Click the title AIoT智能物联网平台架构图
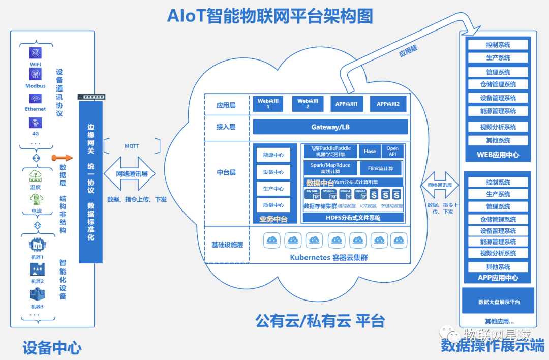coord(270,15)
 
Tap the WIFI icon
coord(36,52)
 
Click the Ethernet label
coord(36,109)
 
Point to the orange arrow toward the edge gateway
coord(60,159)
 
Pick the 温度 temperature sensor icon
coord(36,176)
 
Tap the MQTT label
coord(132,146)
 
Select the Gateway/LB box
coord(330,127)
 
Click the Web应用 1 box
coord(268,104)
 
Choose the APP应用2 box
coord(388,104)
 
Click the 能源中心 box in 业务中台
coord(273,155)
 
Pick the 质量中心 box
coord(273,205)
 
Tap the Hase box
coord(370,151)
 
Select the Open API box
coord(392,151)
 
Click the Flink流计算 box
coord(381,168)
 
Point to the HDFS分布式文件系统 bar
coord(353,218)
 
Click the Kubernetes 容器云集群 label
coord(329,257)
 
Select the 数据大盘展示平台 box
coord(498,302)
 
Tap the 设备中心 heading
coord(52,348)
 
